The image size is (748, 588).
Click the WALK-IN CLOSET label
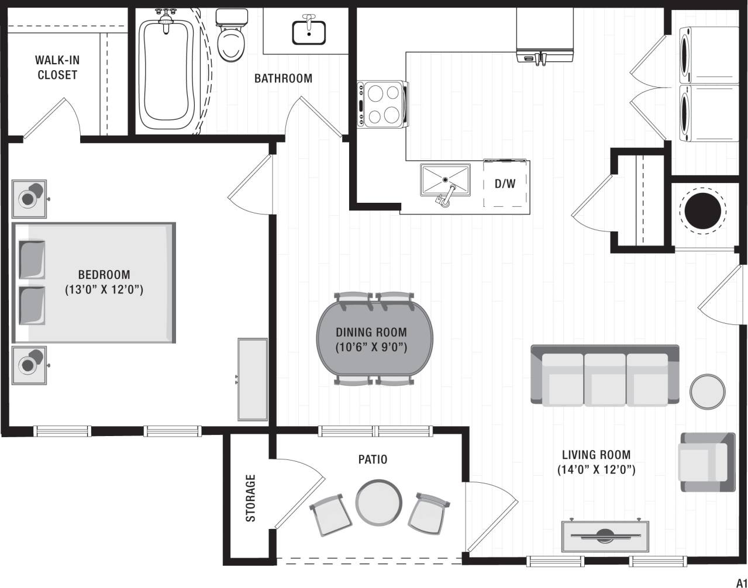(x=57, y=67)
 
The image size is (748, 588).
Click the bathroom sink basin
(x=309, y=32)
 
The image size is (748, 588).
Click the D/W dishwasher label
(x=505, y=184)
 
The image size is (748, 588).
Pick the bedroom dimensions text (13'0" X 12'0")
(x=104, y=289)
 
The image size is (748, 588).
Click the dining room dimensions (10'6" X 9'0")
(x=371, y=347)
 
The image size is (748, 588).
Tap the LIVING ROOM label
(x=596, y=454)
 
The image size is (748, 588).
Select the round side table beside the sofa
(x=708, y=391)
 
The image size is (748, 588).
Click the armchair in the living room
(x=706, y=462)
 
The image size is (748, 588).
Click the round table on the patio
(x=379, y=502)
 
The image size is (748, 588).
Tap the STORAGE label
(x=251, y=498)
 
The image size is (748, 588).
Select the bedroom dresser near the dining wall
(x=253, y=379)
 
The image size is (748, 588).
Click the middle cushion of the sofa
(x=605, y=380)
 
